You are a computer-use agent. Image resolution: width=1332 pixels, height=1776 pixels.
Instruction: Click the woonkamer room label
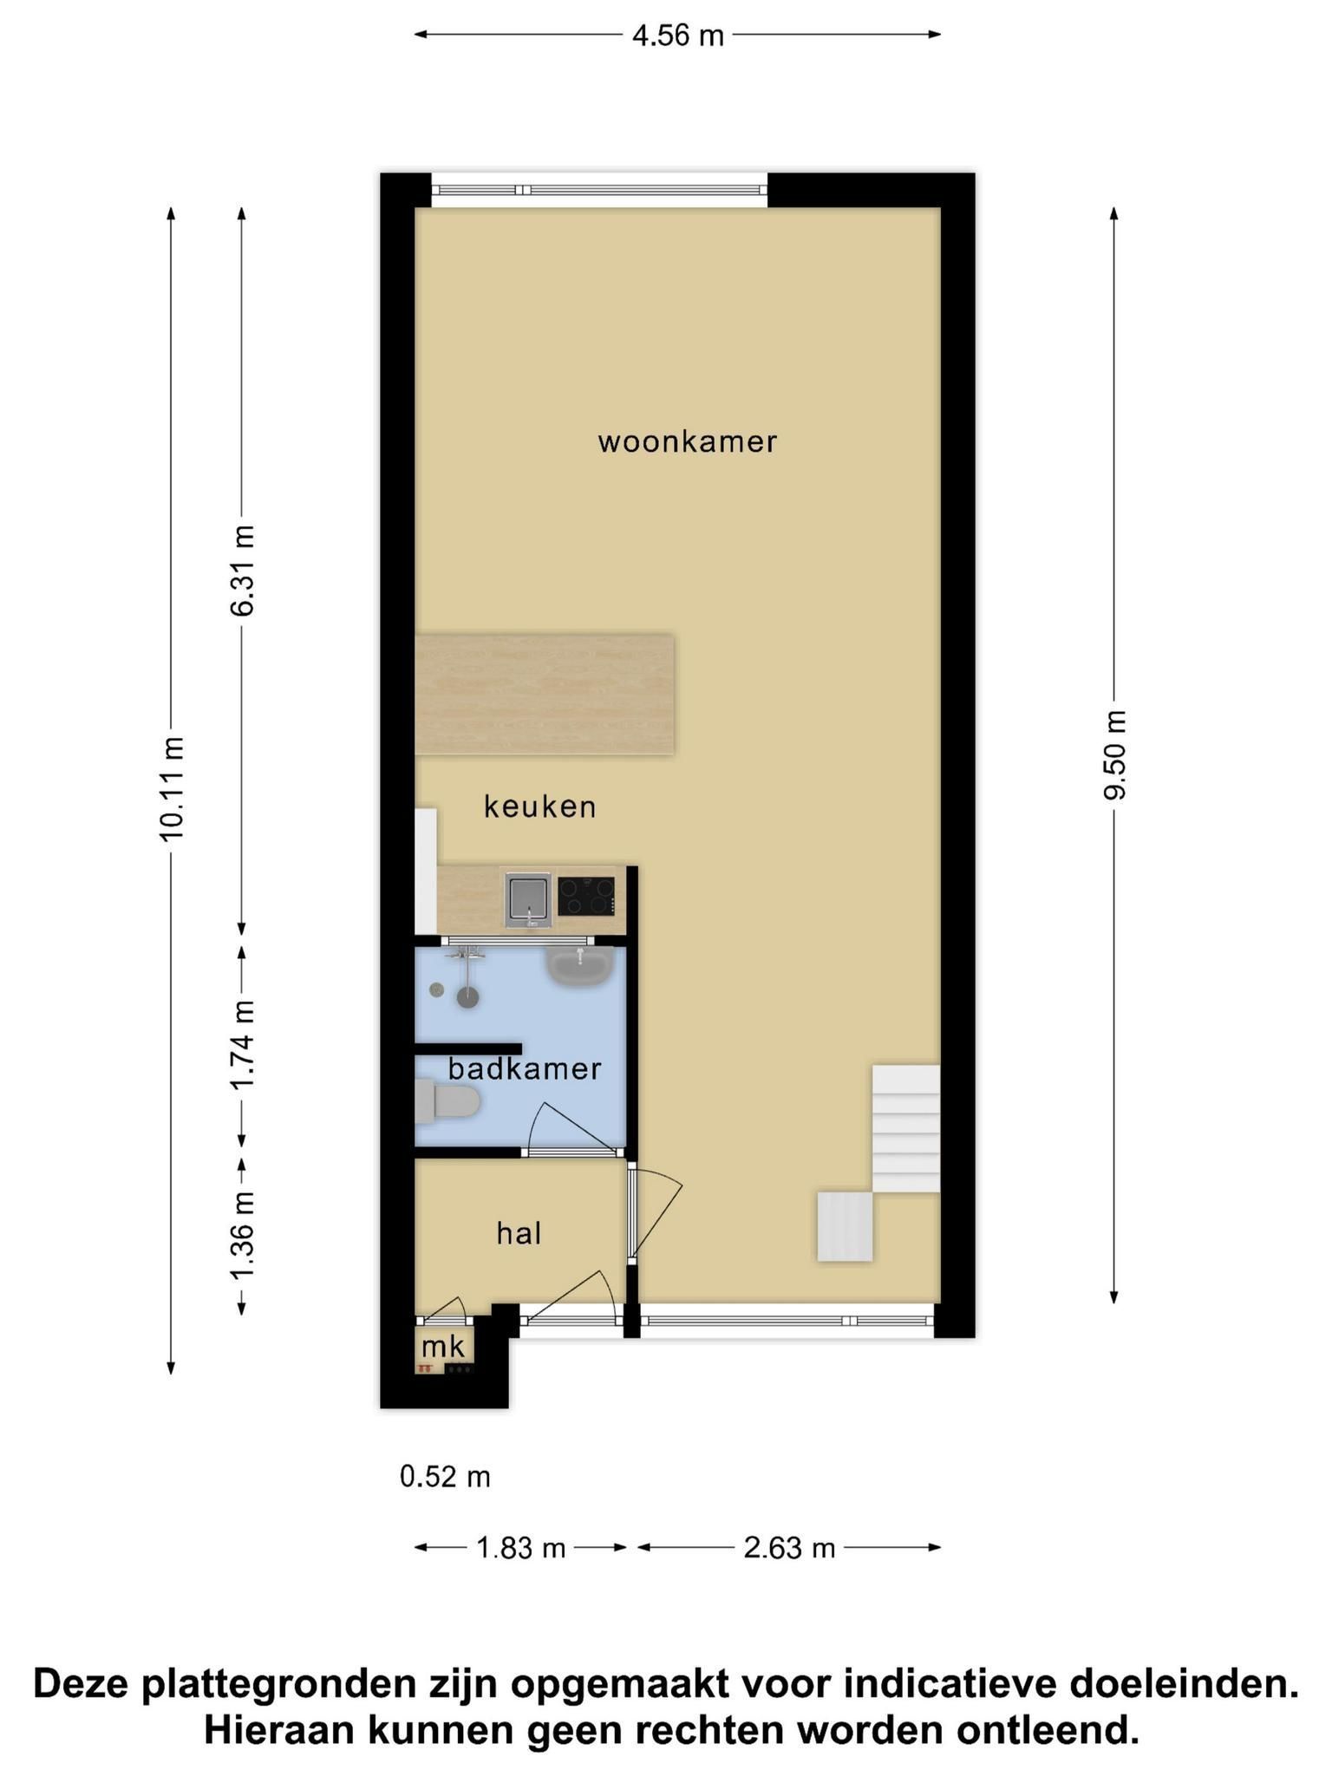687,442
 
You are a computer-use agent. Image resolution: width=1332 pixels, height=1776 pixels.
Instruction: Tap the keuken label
539,806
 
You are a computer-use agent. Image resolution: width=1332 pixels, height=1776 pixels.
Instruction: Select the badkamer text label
525,1068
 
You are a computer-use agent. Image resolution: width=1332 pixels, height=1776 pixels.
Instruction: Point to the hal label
519,1232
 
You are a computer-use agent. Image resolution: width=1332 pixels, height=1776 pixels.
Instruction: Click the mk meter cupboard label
443,1347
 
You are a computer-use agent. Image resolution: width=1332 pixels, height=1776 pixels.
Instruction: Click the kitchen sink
528,899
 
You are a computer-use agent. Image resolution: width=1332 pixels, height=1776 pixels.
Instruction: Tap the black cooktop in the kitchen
586,897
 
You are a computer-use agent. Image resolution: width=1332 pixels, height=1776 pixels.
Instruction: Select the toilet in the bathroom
447,1101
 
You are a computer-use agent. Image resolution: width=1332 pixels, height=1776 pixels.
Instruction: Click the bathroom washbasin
580,966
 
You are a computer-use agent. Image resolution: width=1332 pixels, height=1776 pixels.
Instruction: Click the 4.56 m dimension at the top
677,36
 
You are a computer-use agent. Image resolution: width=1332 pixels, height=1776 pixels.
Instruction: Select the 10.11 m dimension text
172,788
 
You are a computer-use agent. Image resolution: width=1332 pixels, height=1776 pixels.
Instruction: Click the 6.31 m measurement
243,571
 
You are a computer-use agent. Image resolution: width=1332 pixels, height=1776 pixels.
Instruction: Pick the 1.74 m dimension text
243,1044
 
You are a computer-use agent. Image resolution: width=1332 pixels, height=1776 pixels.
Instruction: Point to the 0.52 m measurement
445,1476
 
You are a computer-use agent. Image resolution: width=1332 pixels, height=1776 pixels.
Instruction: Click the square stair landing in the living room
845,1226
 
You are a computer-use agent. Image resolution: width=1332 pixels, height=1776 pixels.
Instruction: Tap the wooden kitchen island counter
545,695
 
